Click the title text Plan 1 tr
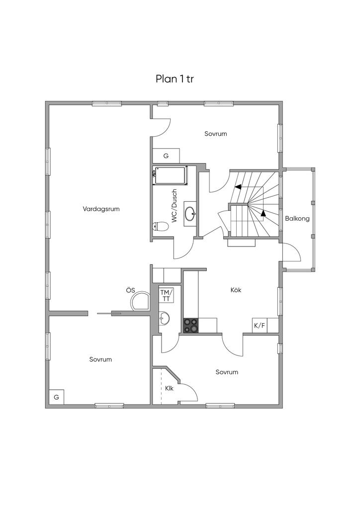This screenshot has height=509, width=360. click(178, 79)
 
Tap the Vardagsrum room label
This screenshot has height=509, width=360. click(101, 209)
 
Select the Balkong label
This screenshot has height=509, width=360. click(297, 218)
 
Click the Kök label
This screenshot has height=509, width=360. click(236, 290)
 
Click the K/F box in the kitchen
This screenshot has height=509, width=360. click(259, 326)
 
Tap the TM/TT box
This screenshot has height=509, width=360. click(166, 295)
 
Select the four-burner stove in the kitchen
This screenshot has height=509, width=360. click(190, 326)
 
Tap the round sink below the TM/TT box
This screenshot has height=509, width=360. click(165, 318)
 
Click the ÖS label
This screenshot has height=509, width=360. click(131, 290)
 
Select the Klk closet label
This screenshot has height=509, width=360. click(169, 388)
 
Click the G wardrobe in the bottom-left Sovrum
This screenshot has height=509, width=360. click(56, 397)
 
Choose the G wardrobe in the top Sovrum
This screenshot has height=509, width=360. click(166, 156)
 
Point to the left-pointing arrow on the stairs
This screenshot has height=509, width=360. click(238, 187)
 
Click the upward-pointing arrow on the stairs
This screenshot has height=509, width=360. click(263, 214)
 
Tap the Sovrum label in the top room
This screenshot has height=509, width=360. click(216, 134)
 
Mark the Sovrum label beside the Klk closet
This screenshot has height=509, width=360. click(227, 372)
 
